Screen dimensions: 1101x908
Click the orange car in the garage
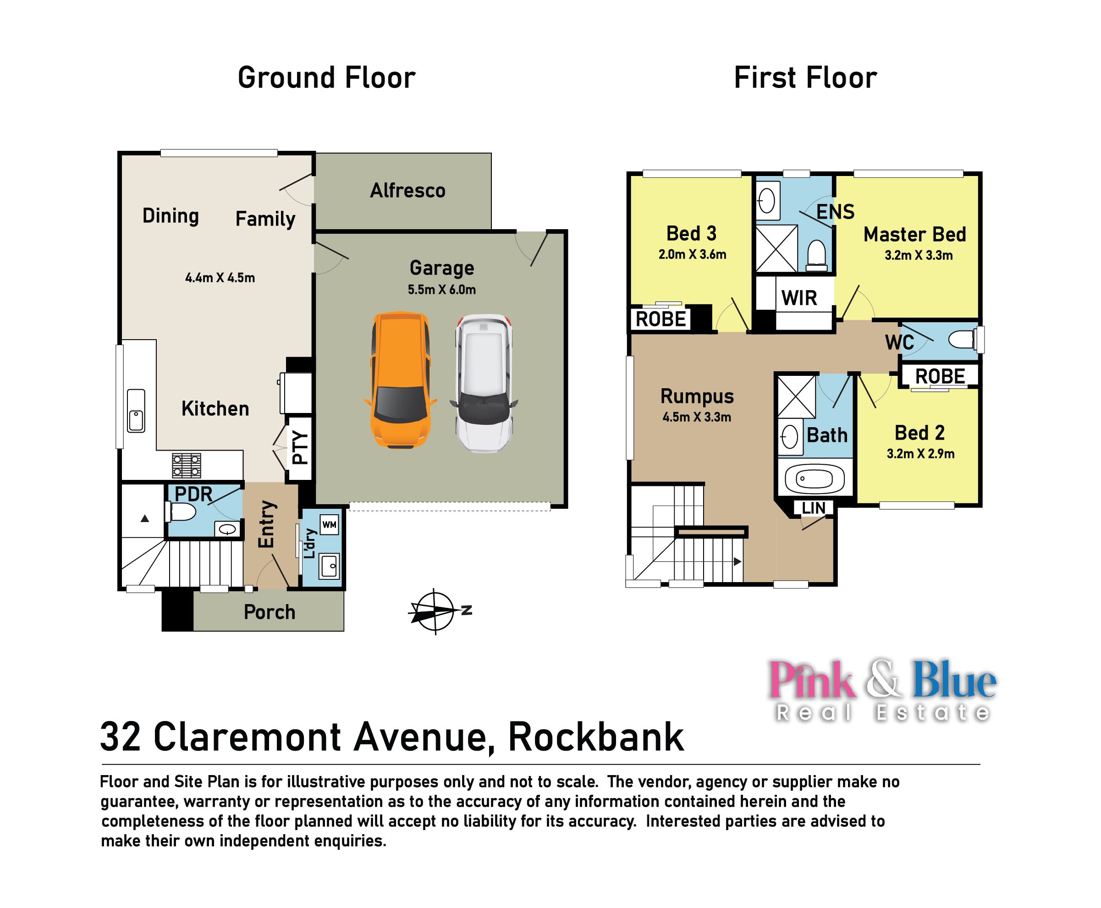point(401,380)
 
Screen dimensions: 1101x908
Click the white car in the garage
point(484,383)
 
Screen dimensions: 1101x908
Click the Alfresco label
point(407,190)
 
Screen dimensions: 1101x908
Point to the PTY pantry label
point(300,447)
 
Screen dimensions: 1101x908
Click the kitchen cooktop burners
point(187,465)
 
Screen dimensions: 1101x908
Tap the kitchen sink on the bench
point(136,411)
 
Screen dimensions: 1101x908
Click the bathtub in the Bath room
point(815,478)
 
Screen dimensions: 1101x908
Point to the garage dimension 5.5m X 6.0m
point(441,290)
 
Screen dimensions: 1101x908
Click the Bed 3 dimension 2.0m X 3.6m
point(692,255)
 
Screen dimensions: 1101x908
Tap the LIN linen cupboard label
point(813,508)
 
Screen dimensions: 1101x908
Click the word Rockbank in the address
point(596,737)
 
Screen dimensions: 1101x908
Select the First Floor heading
point(805,78)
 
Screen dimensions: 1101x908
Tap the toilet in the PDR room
point(181,511)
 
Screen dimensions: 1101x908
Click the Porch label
point(270,612)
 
